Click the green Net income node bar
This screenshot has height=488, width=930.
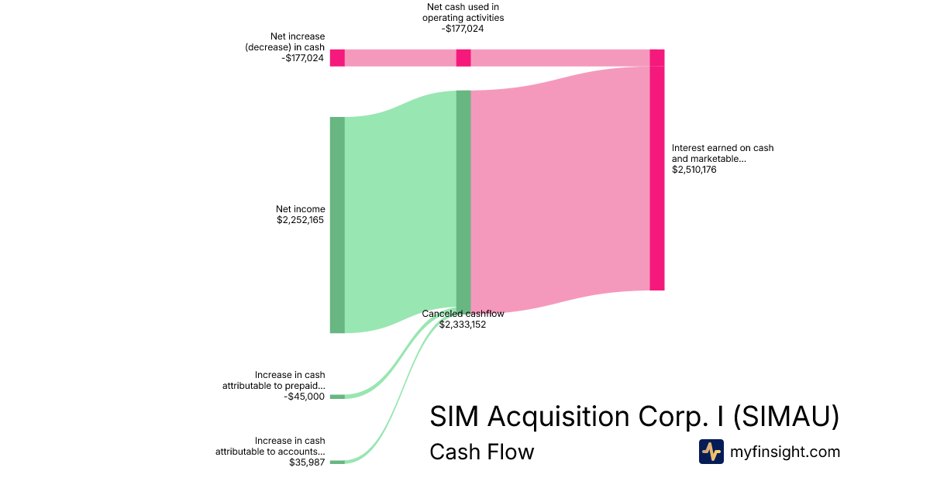point(337,225)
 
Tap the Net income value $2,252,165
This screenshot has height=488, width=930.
point(300,220)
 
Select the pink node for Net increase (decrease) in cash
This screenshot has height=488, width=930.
point(337,57)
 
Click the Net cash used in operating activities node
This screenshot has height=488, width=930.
point(463,57)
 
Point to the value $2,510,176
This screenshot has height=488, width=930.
point(694,170)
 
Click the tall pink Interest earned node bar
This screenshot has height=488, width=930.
point(656,178)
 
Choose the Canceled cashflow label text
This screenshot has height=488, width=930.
point(463,314)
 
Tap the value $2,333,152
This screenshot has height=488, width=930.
point(463,325)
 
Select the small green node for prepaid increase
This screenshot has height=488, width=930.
point(337,397)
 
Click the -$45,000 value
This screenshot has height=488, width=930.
point(304,397)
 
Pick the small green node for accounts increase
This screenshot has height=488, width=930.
point(337,462)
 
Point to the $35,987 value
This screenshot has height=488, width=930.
point(306,462)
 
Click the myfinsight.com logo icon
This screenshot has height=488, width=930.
point(711,452)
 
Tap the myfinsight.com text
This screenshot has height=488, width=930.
point(785,452)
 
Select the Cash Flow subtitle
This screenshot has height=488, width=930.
point(481,452)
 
